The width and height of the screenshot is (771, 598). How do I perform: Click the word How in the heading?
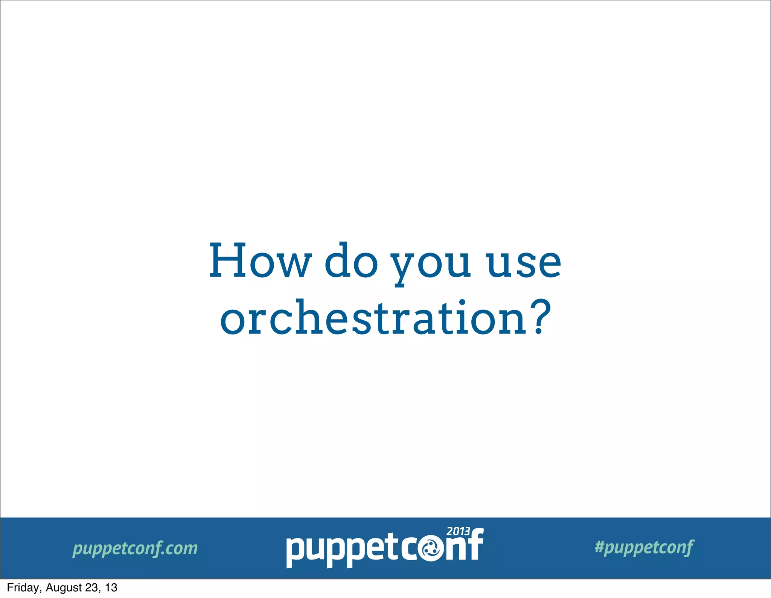(260, 261)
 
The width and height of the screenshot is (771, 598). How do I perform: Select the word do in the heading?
(351, 261)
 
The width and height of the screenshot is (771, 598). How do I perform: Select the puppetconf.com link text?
(135, 548)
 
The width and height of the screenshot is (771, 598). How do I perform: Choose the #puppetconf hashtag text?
(644, 547)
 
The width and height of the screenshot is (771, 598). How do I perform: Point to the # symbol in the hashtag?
(599, 546)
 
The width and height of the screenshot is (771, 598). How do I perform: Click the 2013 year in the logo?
(458, 532)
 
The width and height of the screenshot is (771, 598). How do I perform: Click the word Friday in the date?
(23, 587)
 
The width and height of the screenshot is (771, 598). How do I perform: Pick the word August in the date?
(64, 587)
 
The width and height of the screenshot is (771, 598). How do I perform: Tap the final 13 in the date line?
(111, 587)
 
